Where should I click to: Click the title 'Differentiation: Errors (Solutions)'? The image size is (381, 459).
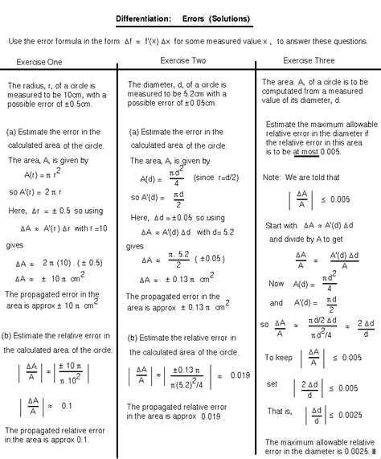pos(190,18)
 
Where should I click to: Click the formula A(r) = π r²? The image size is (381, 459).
pos(48,174)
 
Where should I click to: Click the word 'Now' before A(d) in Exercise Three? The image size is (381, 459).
pos(277,284)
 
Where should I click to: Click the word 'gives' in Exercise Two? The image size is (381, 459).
pos(134,246)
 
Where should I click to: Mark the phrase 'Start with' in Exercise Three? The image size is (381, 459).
pos(282,226)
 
